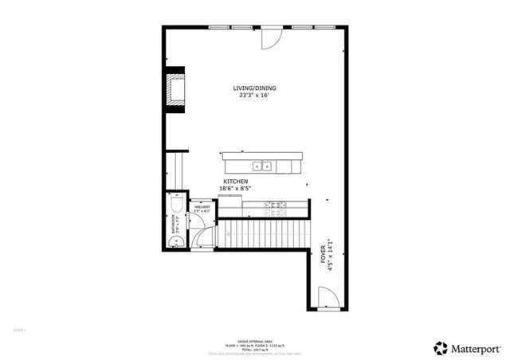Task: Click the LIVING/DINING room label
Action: click(x=255, y=88)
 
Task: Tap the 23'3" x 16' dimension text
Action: click(x=255, y=95)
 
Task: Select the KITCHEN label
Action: click(x=235, y=182)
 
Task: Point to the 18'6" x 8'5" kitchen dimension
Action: click(x=235, y=189)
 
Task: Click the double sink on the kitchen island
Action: click(x=262, y=166)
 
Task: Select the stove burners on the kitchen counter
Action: click(x=276, y=208)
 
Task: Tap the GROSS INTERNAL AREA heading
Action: click(x=254, y=338)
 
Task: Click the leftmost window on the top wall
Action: click(x=220, y=27)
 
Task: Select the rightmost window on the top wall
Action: click(x=324, y=27)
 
